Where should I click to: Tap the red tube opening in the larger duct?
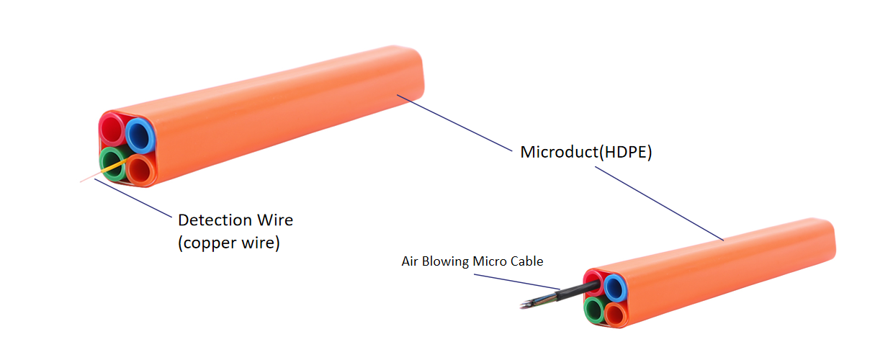pyautogui.click(x=112, y=130)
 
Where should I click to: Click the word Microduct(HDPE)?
pyautogui.click(x=585, y=153)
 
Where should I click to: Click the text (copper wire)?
pyautogui.click(x=229, y=243)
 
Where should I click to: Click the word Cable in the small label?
pyautogui.click(x=525, y=261)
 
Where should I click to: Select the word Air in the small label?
pyautogui.click(x=410, y=261)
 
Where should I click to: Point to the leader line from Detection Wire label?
pyautogui.click(x=133, y=198)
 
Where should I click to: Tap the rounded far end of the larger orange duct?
pyautogui.click(x=416, y=76)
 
